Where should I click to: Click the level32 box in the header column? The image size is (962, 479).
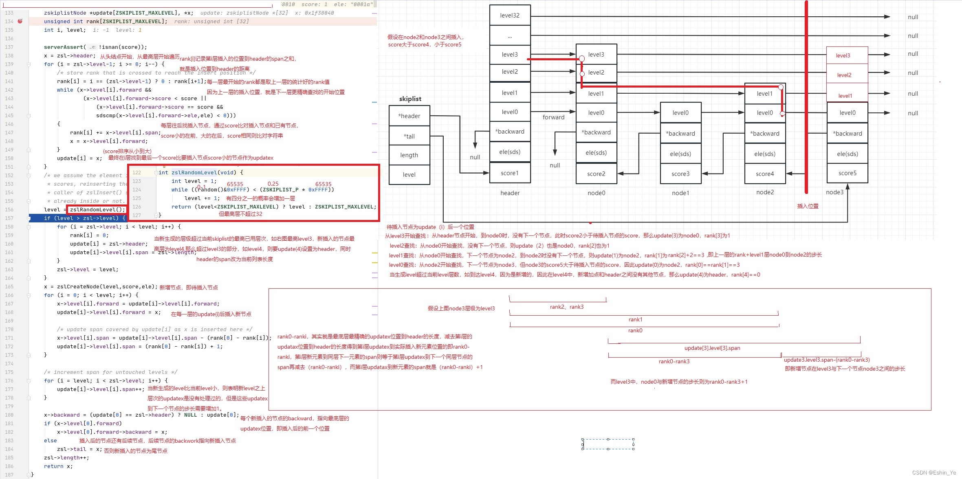click(x=510, y=15)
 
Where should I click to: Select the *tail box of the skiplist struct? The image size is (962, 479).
click(x=409, y=136)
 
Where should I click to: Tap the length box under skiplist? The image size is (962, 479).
click(x=409, y=155)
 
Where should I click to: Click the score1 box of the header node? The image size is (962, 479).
click(x=510, y=173)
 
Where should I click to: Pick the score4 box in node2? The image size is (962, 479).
click(x=765, y=174)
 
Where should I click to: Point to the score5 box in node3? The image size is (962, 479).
click(x=848, y=173)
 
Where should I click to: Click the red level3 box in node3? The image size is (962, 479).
click(x=843, y=55)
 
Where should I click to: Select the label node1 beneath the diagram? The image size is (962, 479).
click(x=680, y=193)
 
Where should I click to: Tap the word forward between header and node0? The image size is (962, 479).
click(x=553, y=117)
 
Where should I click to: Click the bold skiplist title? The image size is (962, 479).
click(x=410, y=99)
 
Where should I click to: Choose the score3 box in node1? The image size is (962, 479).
click(x=680, y=174)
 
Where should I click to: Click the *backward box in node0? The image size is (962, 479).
click(x=596, y=132)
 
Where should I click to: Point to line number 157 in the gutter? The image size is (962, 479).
click(x=9, y=218)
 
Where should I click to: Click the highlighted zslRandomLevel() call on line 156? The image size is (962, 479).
click(x=97, y=210)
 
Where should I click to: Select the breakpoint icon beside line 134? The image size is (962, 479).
click(x=20, y=21)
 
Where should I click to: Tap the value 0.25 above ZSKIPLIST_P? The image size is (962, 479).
click(x=273, y=184)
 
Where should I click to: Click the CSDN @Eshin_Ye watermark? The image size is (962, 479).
click(x=934, y=472)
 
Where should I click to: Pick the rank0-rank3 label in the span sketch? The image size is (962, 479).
click(x=674, y=361)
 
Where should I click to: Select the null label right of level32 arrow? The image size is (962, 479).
click(x=913, y=17)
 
